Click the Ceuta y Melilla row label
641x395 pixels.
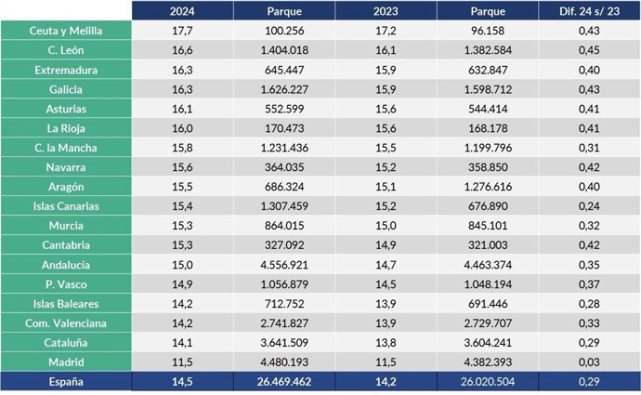pos(65,32)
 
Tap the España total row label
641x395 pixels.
pos(65,381)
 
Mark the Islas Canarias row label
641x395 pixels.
pos(65,206)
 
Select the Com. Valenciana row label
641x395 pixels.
pos(65,323)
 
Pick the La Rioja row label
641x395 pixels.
pos(65,128)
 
